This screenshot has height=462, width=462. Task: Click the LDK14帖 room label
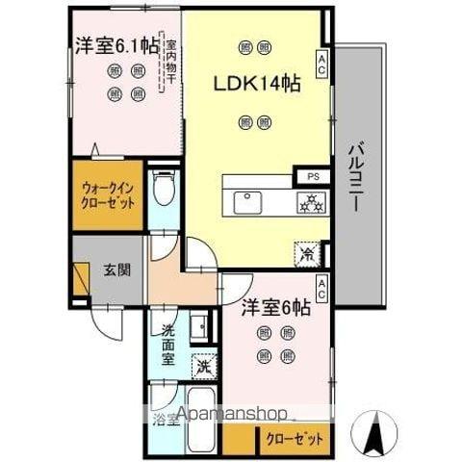[257, 83]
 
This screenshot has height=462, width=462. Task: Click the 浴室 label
[165, 418]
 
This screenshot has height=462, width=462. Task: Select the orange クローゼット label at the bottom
[295, 439]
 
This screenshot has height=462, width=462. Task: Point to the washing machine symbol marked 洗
[203, 366]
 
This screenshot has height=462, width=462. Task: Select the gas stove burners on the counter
[311, 202]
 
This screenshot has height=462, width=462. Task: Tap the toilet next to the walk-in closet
[164, 192]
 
